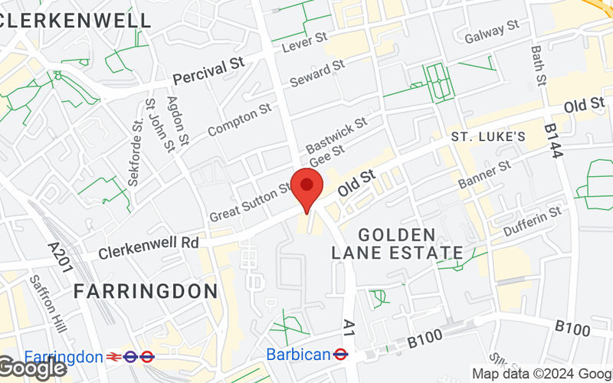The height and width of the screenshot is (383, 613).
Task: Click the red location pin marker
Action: (x=307, y=187)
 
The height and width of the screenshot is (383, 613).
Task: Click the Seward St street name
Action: (x=317, y=74)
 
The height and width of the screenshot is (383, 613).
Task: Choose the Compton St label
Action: (x=239, y=120)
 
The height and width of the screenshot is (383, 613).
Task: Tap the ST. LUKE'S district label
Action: (x=487, y=137)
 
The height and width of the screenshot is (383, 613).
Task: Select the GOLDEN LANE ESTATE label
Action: (x=397, y=244)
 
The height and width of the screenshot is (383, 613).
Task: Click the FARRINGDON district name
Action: (x=146, y=291)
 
